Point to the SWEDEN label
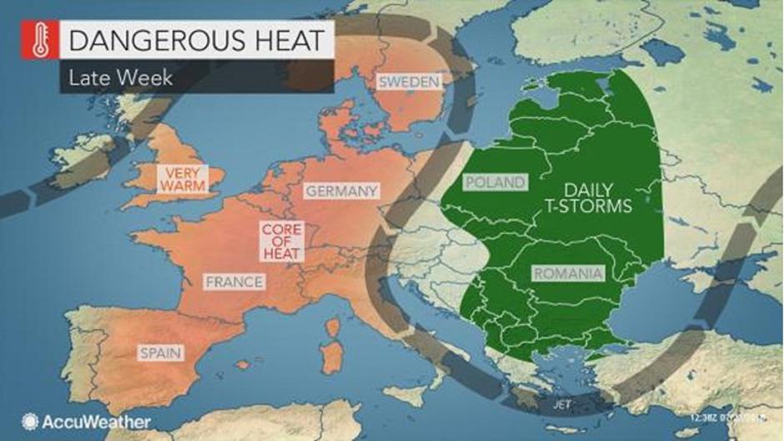pyautogui.click(x=408, y=81)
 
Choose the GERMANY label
pyautogui.click(x=341, y=191)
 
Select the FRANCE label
pyautogui.click(x=234, y=281)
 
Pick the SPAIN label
pyautogui.click(x=161, y=353)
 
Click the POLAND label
pyautogui.click(x=496, y=182)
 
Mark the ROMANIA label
pyautogui.click(x=567, y=273)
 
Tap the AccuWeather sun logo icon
pyautogui.click(x=31, y=421)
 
